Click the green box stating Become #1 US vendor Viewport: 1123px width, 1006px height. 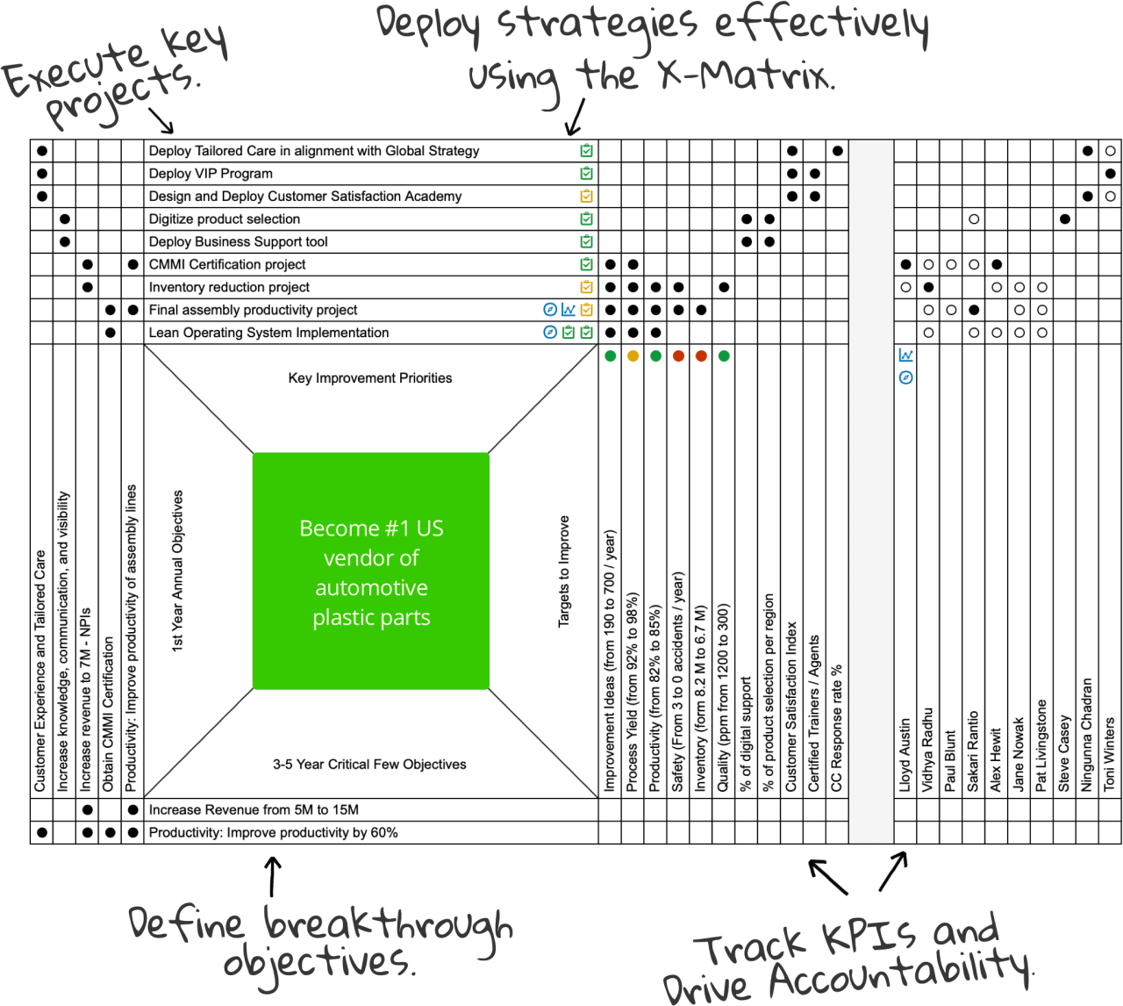pyautogui.click(x=370, y=571)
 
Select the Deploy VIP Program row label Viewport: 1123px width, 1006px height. pyautogui.click(x=211, y=174)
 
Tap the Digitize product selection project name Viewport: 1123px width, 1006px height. pyautogui.click(x=225, y=219)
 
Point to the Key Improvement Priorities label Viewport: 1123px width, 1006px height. pyautogui.click(x=370, y=378)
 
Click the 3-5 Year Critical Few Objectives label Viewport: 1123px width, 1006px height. pyautogui.click(x=369, y=765)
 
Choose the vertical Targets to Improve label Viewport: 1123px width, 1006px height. pyautogui.click(x=564, y=571)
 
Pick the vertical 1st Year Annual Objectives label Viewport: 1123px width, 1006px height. pyautogui.click(x=178, y=571)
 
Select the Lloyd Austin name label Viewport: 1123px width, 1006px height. pyautogui.click(x=905, y=756)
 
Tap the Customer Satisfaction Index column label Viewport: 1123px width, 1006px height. pyautogui.click(x=791, y=707)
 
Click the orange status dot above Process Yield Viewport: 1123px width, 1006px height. pyautogui.click(x=633, y=356)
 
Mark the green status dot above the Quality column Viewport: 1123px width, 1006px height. pyautogui.click(x=724, y=356)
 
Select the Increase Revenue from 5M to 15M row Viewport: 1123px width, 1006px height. pyautogui.click(x=254, y=810)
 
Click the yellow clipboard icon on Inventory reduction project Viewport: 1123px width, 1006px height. pyautogui.click(x=587, y=287)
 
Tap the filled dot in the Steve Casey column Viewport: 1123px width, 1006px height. pyautogui.click(x=1064, y=219)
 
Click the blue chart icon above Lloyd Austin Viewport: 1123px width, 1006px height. pyautogui.click(x=906, y=356)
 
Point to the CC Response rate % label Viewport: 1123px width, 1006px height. pyautogui.click(x=837, y=728)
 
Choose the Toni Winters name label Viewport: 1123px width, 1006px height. pyautogui.click(x=1110, y=753)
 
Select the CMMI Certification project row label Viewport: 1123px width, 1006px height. pyautogui.click(x=227, y=264)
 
